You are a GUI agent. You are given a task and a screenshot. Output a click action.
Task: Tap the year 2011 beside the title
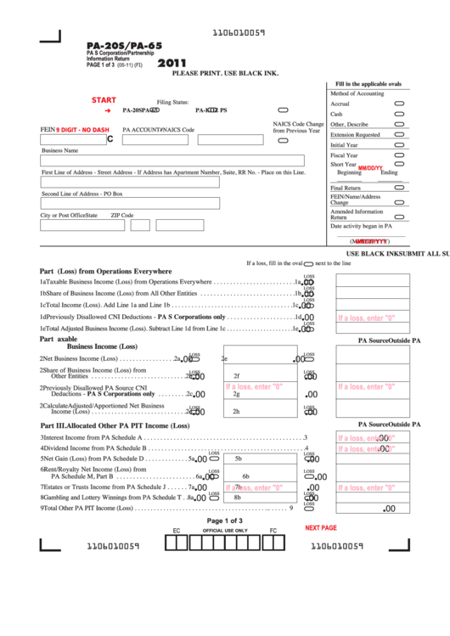pos(172,62)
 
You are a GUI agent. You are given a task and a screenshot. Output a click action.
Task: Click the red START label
pos(104,100)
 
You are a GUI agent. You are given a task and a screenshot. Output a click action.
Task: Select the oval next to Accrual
pos(399,103)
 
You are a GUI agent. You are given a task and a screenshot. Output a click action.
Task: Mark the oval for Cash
pos(399,113)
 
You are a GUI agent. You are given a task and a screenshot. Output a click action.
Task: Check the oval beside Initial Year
pos(399,145)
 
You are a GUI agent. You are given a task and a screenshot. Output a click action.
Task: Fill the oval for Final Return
pos(399,188)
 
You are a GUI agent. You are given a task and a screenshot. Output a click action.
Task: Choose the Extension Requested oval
pos(399,134)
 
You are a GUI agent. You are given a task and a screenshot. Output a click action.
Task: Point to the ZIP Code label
pos(122,216)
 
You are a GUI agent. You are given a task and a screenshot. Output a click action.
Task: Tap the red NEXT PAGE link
pos(321,527)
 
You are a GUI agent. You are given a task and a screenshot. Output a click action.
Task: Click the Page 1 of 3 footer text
pos(224,521)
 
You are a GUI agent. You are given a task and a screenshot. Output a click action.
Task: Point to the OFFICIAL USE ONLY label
pos(224,530)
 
